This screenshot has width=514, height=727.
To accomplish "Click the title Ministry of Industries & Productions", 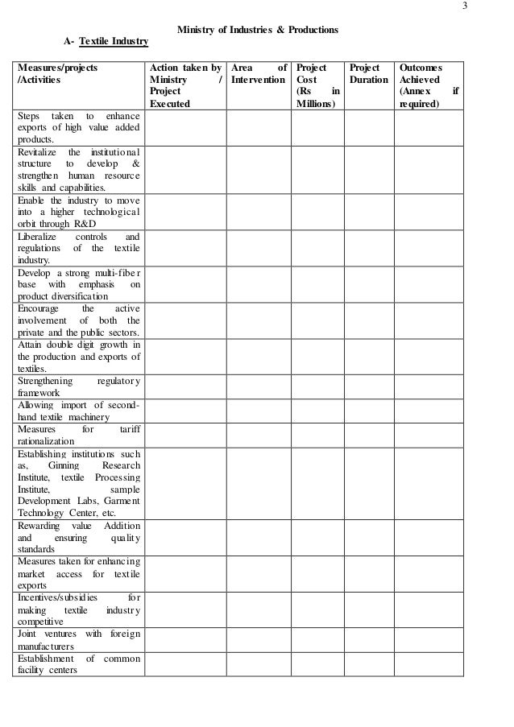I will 258,30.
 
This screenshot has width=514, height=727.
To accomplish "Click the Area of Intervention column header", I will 258,75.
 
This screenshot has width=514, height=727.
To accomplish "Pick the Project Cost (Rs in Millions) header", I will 317,86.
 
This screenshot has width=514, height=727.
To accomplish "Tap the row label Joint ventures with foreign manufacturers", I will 78,640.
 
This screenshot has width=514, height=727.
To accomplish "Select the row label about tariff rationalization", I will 78,436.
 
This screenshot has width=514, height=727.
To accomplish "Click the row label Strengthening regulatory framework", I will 78,386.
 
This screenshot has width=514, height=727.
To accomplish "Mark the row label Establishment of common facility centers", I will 78,664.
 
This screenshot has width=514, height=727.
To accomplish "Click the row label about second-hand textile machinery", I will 78,411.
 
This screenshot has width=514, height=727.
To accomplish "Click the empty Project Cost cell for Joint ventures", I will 317,640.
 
